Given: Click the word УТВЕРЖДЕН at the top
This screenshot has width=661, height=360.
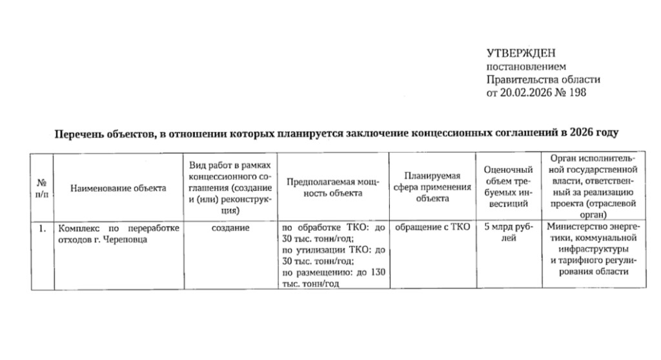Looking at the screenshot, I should [520, 53].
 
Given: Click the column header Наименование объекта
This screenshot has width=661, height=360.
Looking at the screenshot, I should [118, 188].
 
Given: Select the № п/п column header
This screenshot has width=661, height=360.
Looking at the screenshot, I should [42, 188].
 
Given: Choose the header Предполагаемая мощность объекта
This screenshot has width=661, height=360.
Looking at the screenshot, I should [333, 188].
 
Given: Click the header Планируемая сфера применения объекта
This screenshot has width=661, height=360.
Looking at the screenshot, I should [432, 188].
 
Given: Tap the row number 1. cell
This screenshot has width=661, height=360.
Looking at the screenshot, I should [42, 228].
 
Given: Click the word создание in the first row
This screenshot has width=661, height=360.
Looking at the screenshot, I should [230, 228].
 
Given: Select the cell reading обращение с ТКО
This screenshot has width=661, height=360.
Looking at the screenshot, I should [432, 228].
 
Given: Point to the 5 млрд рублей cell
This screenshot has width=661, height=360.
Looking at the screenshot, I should [509, 233].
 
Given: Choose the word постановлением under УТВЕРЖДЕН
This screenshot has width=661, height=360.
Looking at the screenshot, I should [525, 66].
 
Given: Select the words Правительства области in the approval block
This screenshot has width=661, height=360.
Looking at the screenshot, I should [543, 80].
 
